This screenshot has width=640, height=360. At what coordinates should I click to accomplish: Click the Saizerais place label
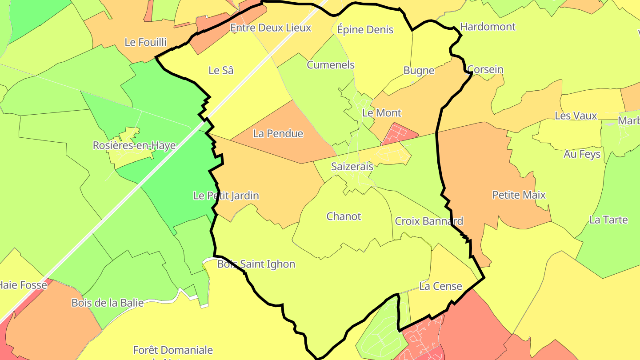(352, 167)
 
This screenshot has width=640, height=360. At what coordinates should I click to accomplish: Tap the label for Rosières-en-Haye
(134, 145)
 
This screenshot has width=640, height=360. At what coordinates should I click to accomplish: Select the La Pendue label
(278, 133)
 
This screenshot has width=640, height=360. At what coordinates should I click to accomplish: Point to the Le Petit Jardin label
(226, 196)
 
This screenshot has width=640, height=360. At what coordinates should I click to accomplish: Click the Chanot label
(344, 216)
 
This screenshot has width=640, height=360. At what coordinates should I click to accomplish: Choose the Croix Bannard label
(429, 221)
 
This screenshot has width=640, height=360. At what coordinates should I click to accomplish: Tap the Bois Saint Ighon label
(256, 264)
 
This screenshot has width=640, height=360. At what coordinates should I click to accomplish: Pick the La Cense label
(440, 286)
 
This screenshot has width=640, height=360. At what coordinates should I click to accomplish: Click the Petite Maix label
(519, 195)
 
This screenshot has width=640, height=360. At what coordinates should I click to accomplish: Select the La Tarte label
(608, 220)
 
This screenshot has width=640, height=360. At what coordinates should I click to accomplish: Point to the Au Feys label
(582, 154)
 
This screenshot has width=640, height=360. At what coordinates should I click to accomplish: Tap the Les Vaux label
(576, 116)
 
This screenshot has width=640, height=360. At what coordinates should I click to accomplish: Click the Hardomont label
(488, 27)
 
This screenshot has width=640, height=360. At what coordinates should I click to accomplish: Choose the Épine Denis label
(365, 30)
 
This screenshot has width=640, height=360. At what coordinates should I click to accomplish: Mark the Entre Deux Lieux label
(270, 28)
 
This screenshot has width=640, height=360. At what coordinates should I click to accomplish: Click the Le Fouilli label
(145, 42)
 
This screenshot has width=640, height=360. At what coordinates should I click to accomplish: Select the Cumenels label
(331, 65)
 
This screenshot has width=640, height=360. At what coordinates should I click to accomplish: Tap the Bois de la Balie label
(108, 303)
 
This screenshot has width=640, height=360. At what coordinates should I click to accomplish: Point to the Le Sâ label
(221, 70)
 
